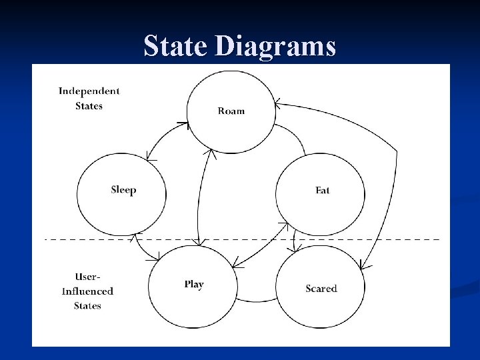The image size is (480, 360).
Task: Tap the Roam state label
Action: (231, 111)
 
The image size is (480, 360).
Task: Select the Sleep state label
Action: (123, 190)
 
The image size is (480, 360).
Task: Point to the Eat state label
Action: (323, 191)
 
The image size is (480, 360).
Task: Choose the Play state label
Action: (194, 284)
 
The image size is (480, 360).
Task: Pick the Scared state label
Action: (321, 289)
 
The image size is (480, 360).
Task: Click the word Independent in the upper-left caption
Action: (89, 91)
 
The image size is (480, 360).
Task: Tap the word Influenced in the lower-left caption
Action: (87, 291)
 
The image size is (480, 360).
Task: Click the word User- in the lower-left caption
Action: (88, 276)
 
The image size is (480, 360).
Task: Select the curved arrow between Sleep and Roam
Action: (161, 139)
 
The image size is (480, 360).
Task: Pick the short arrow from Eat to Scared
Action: (294, 240)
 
